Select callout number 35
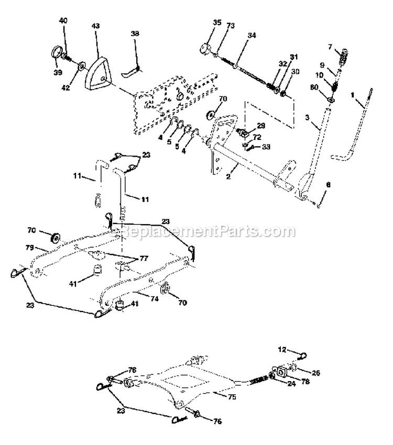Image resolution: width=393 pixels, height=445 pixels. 203,23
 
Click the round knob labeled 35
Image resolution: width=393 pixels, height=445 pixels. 204,51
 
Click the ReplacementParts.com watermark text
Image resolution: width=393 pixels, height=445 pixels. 204,230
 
